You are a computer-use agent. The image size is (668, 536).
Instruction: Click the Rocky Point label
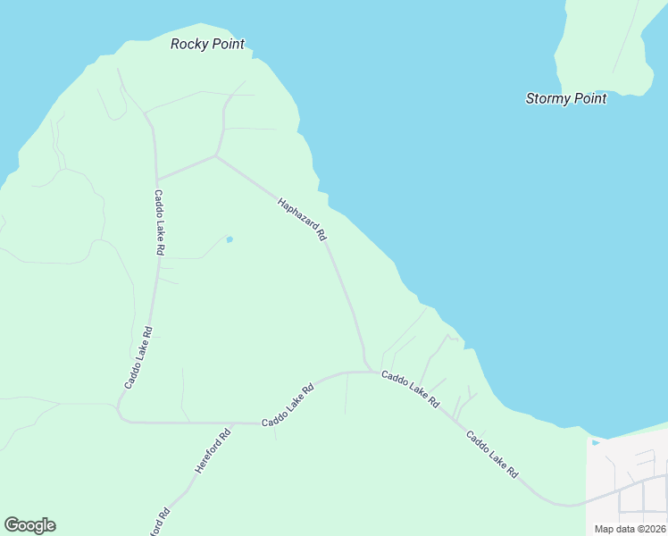click(x=207, y=44)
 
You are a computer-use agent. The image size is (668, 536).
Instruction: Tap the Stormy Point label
click(x=566, y=98)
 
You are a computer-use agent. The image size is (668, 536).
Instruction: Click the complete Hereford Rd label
click(x=213, y=451)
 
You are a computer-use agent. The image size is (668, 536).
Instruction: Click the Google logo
click(x=29, y=525)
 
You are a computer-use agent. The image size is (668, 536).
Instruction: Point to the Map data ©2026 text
click(x=630, y=529)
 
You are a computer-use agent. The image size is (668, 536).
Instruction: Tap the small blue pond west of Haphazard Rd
click(x=230, y=239)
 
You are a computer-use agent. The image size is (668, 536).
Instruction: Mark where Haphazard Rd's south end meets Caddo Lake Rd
click(x=366, y=372)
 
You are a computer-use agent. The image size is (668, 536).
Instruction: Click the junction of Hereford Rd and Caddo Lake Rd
click(x=232, y=423)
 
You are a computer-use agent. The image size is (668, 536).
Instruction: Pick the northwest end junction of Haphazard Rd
click(x=216, y=156)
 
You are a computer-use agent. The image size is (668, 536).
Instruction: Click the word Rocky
click(x=190, y=44)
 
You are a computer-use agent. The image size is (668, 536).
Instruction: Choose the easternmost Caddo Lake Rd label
click(x=492, y=456)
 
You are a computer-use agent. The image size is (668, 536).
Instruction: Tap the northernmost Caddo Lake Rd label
click(x=159, y=223)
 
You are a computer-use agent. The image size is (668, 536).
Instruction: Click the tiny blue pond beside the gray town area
click(x=595, y=442)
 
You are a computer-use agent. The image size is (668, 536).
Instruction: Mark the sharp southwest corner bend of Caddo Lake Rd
click(x=121, y=416)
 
